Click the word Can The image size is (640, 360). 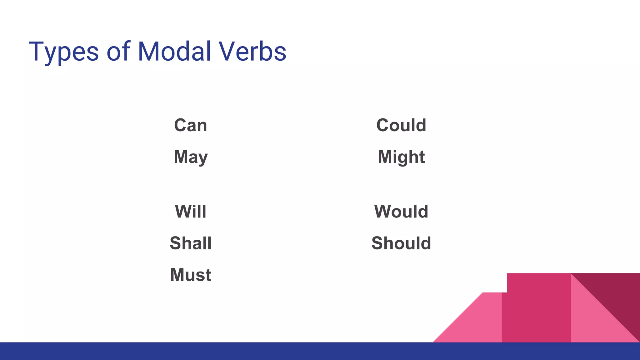pos(190,125)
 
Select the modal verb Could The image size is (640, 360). pos(401,125)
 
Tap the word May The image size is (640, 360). pos(191,157)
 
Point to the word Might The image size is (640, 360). pos(401,157)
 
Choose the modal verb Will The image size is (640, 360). pos(191,212)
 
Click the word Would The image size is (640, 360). pos(401,212)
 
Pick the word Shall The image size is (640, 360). pos(191,243)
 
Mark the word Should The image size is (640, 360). pos(401,243)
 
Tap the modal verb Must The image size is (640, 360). pos(191,275)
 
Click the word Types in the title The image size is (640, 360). pos(63,52)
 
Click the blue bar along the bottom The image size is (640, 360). pos(320,351)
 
